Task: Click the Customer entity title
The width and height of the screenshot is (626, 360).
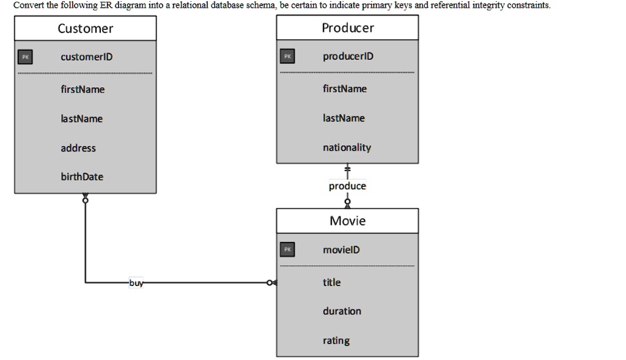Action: (x=85, y=29)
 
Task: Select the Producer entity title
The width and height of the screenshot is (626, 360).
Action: (x=347, y=28)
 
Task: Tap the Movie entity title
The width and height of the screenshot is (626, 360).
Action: (x=347, y=221)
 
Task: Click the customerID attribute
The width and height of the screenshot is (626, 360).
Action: (x=86, y=57)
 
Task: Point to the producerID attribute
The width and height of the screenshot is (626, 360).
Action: (x=348, y=56)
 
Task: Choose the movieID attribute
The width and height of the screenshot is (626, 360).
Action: (x=341, y=249)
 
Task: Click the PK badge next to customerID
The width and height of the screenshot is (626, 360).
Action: (x=25, y=57)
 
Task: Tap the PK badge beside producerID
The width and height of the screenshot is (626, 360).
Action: (x=287, y=56)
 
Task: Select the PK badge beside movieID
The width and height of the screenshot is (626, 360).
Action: (x=287, y=249)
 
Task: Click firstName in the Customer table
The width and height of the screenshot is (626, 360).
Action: (x=83, y=89)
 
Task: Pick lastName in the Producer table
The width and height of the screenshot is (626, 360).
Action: (x=344, y=118)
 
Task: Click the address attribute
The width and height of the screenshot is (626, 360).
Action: (x=78, y=148)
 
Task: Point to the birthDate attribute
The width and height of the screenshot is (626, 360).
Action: (x=82, y=177)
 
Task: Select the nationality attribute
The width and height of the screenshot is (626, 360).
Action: (x=347, y=147)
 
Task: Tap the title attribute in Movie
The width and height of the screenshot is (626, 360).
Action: (x=332, y=282)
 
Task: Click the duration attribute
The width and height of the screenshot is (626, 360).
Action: (x=342, y=311)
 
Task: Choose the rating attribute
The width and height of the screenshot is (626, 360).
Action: (x=336, y=340)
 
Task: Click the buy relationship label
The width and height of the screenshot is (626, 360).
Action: (x=136, y=283)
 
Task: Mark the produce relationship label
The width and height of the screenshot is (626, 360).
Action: (x=347, y=186)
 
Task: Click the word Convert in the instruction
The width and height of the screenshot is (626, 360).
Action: (x=29, y=6)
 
